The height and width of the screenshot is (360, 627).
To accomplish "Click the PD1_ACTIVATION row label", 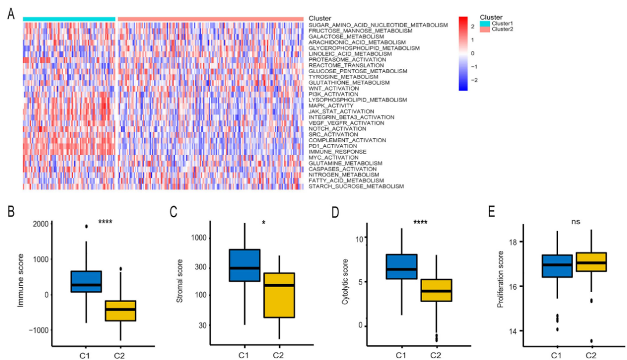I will coord(333,146).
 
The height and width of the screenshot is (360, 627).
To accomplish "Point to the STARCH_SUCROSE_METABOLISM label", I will coord(356,186).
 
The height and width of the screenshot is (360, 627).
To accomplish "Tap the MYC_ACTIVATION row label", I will coord(333,157).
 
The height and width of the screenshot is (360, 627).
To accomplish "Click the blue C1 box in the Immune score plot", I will coord(86,281).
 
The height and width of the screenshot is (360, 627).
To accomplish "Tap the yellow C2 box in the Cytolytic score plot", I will coord(436,290).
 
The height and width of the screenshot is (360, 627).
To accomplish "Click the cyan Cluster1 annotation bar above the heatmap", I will coord(69,19).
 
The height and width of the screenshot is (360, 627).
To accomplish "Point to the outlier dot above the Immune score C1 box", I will coord(86,226).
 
